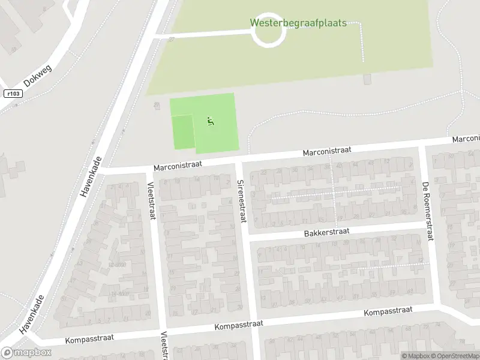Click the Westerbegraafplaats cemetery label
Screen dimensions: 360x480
click(298, 23)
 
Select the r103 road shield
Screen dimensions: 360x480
click(11, 94)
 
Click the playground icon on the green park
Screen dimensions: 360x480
click(210, 121)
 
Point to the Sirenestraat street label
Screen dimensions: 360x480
click(241, 200)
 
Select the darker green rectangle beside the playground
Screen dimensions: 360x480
click(182, 131)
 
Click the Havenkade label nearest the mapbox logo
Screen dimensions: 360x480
click(33, 314)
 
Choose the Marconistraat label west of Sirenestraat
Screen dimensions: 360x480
click(178, 164)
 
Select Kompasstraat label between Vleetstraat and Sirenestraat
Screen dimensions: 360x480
click(239, 325)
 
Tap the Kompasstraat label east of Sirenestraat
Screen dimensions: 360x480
click(388, 311)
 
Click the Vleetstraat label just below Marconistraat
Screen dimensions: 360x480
click(151, 201)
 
